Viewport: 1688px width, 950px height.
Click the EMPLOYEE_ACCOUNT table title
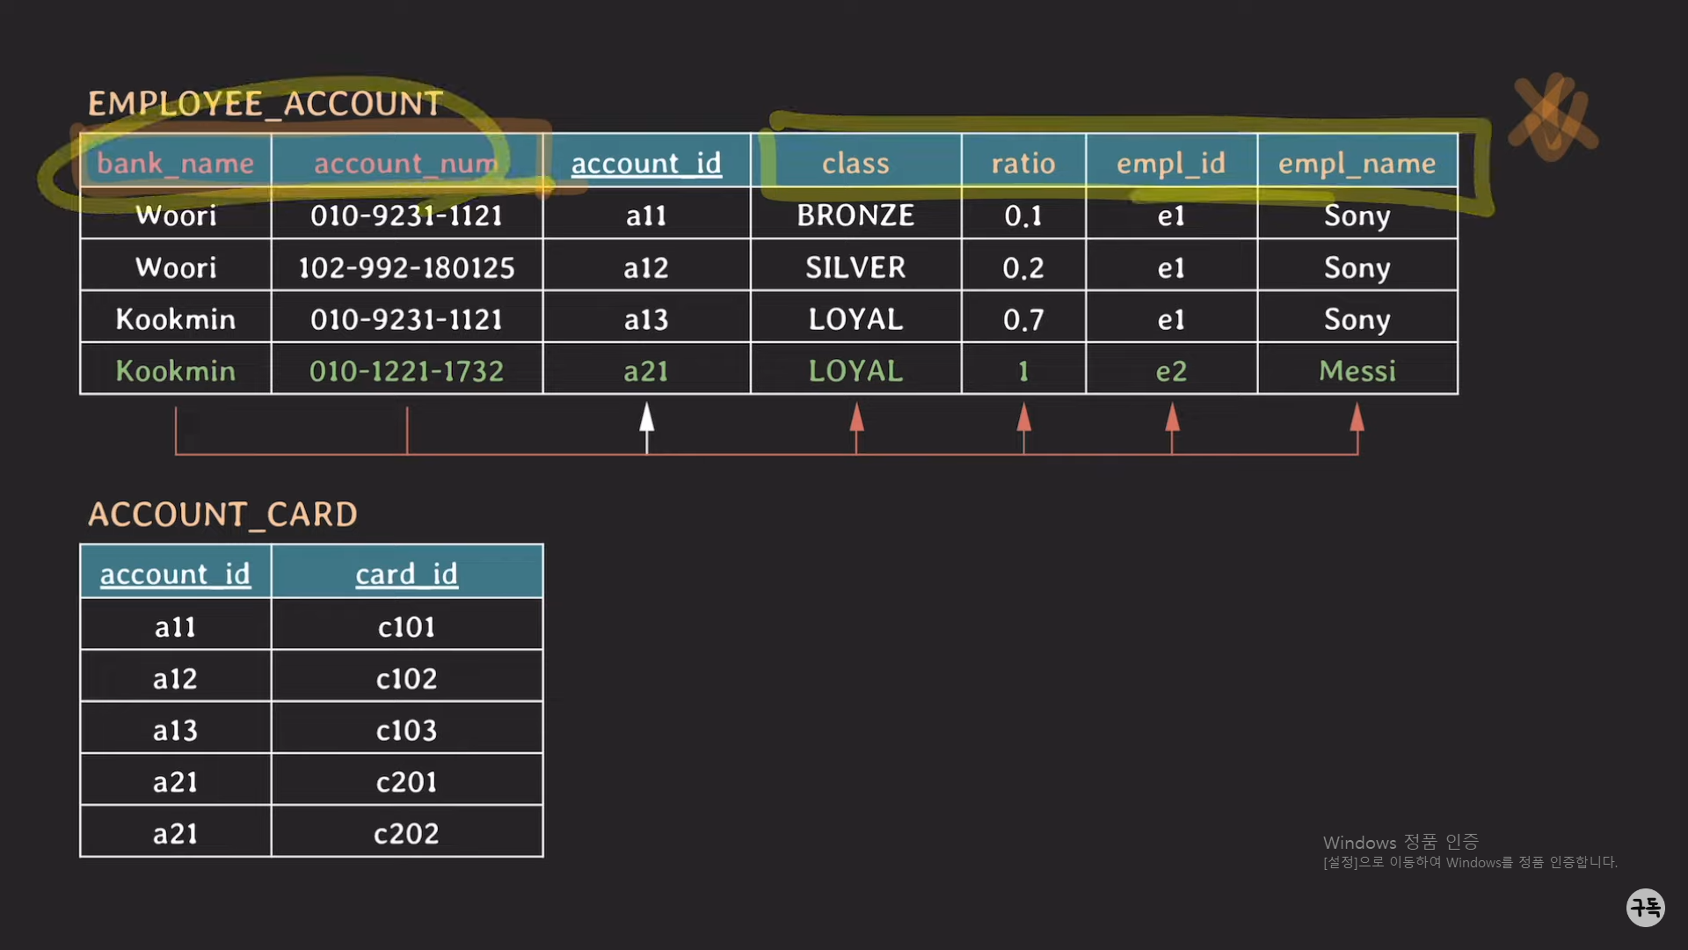[265, 104]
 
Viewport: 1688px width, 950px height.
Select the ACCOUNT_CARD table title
[222, 515]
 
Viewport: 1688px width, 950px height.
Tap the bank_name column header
[175, 163]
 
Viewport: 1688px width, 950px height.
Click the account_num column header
[406, 163]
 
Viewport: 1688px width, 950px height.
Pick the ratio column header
[1023, 163]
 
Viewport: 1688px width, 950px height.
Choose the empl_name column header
[1357, 163]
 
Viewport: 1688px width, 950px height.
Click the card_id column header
[406, 574]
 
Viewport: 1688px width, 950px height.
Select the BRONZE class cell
[855, 216]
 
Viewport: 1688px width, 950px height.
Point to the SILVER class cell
[855, 267]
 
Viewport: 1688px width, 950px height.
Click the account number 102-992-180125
[406, 267]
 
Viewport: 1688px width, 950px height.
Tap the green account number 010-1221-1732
[406, 371]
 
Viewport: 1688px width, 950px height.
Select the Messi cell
[1357, 371]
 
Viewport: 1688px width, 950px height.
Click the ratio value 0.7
[1023, 319]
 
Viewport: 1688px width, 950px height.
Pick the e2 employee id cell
[1171, 371]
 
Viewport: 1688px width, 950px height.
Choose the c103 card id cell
[406, 730]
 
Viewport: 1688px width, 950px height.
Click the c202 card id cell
[406, 834]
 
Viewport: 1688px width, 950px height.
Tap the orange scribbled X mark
[1553, 118]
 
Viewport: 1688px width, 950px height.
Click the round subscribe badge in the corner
[1646, 907]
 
